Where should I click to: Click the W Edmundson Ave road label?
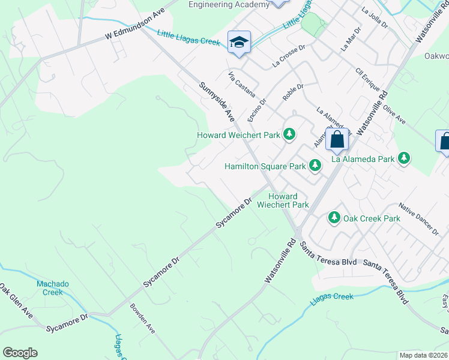[x=134, y=26]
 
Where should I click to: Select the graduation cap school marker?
[x=239, y=42]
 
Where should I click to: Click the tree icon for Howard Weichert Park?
[x=289, y=134]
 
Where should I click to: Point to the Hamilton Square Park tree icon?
[x=314, y=166]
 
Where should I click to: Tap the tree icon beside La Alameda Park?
[x=404, y=158]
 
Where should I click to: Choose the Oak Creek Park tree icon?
[x=334, y=218]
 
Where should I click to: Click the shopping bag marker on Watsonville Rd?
[x=337, y=140]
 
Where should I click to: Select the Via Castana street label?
[x=242, y=85]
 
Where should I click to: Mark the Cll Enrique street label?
[x=369, y=80]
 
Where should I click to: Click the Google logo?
[x=20, y=353]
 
